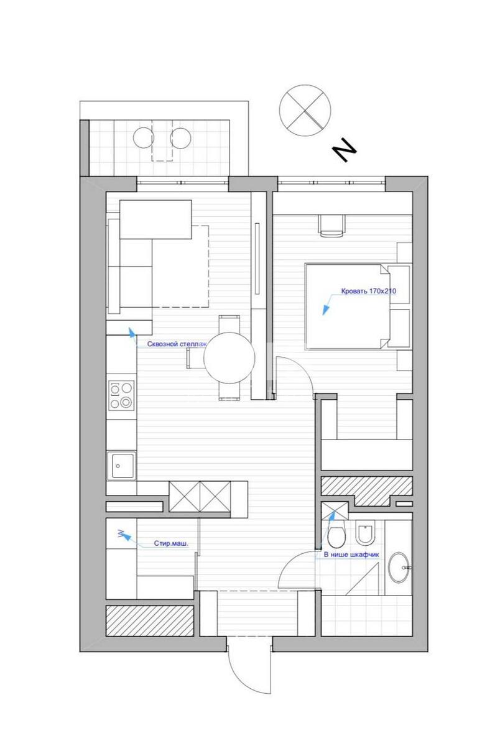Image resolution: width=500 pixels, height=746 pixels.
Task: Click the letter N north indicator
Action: click(x=343, y=150)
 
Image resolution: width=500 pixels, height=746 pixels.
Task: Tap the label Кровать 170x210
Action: click(x=368, y=290)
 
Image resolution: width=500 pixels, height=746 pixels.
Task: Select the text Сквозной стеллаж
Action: click(x=177, y=343)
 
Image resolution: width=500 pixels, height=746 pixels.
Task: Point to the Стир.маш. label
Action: click(x=170, y=543)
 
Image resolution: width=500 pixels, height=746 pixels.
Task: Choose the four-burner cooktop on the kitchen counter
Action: click(x=121, y=395)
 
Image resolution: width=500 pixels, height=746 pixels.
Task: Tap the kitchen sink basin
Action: click(x=121, y=464)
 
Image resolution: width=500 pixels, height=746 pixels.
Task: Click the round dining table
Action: click(x=229, y=357)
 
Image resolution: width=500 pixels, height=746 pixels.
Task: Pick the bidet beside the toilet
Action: click(x=366, y=535)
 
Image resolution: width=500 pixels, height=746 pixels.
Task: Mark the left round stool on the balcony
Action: click(x=144, y=137)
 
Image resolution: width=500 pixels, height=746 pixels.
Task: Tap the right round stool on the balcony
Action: click(x=181, y=137)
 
